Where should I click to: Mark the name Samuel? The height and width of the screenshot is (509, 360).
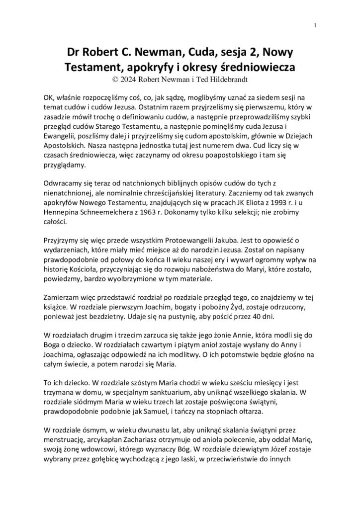(x=183, y=411)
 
